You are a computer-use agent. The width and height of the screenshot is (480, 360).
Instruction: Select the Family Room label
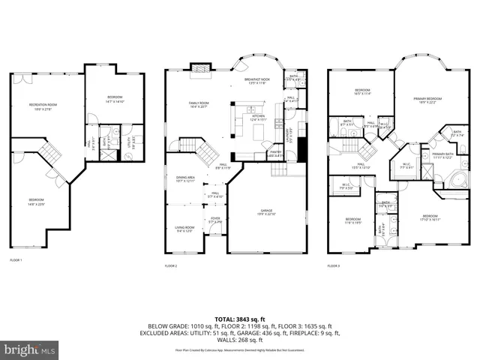click(199, 104)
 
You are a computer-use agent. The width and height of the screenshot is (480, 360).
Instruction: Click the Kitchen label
click(258, 118)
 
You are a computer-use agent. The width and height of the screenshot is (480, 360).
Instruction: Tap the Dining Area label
click(184, 178)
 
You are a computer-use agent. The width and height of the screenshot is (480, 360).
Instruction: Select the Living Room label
click(184, 229)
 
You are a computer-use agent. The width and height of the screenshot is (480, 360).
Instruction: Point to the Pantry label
click(274, 154)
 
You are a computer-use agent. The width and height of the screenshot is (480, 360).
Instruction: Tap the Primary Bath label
click(442, 156)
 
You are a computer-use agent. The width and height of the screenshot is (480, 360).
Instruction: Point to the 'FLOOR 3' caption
click(333, 265)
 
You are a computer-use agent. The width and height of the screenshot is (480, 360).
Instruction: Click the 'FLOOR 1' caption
click(16, 259)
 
